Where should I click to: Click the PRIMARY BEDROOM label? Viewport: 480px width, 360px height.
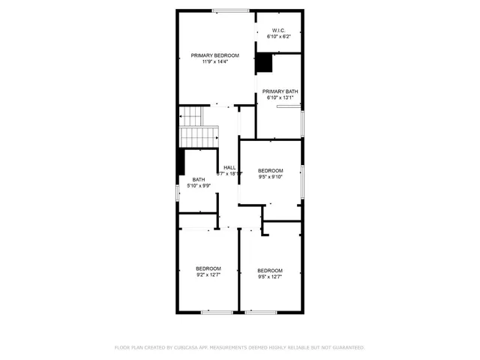click(214, 55)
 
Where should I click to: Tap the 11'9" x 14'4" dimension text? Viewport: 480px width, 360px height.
click(214, 61)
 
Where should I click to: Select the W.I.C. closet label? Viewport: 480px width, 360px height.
click(279, 30)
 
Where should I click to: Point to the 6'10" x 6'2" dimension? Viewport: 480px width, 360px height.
click(279, 36)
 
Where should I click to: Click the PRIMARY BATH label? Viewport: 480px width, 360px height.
click(280, 91)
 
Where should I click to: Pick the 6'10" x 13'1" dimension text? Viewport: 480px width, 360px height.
click(280, 97)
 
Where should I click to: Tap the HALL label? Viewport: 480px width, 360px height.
click(229, 167)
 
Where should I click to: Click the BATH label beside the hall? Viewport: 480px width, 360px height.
click(198, 179)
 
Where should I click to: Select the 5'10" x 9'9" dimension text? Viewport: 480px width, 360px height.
click(198, 185)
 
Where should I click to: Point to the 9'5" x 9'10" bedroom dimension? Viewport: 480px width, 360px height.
click(271, 177)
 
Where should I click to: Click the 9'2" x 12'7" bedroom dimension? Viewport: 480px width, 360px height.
click(208, 274)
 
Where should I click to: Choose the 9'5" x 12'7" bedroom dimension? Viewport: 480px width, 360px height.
click(270, 276)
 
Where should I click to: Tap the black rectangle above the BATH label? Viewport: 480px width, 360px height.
click(180, 161)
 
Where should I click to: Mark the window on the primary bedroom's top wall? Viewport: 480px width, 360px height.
click(230, 10)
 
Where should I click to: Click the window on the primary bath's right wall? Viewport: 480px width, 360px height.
click(303, 121)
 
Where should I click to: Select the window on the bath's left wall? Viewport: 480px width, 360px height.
click(177, 192)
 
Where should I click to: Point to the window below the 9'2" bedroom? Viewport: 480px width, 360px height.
click(216, 311)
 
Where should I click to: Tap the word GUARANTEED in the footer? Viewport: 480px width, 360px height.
click(347, 348)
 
